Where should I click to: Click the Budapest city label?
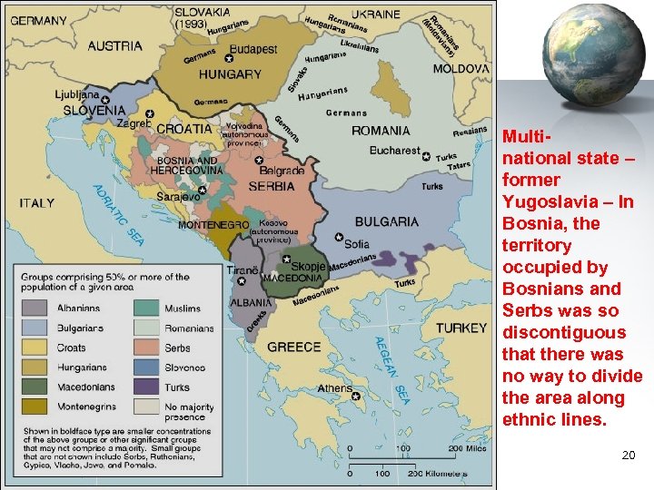click(x=253, y=49)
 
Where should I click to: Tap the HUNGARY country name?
click(x=230, y=74)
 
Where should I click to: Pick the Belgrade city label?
click(x=282, y=171)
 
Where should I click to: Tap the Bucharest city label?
click(x=394, y=151)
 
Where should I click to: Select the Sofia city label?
click(x=357, y=244)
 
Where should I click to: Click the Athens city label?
click(x=334, y=388)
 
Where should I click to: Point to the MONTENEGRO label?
click(x=213, y=224)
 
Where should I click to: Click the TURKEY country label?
click(x=461, y=328)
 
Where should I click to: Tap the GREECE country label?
click(x=293, y=347)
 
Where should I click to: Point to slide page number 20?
click(x=628, y=455)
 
